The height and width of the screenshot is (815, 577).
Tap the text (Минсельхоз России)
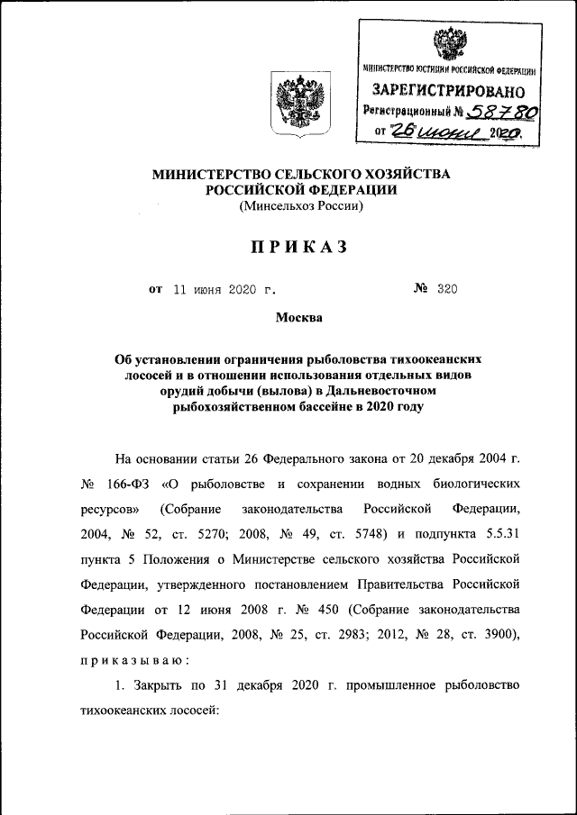point(300,206)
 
